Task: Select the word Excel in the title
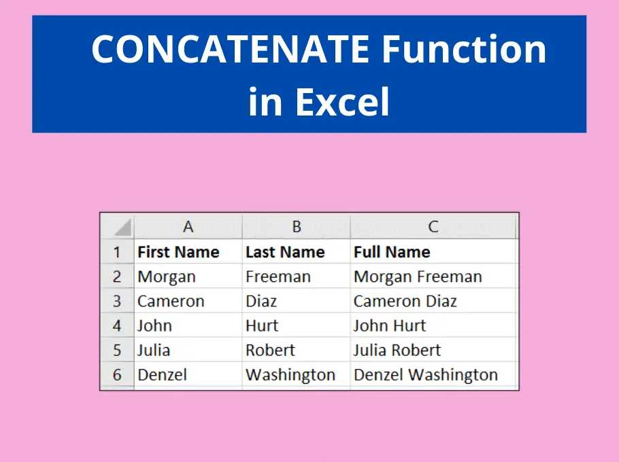point(343,101)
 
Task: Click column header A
point(188,227)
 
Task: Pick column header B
point(297,227)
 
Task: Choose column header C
point(433,227)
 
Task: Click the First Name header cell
point(188,252)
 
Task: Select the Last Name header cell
point(297,252)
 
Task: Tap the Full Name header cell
point(433,252)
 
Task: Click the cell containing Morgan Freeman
point(433,277)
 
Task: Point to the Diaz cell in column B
point(297,301)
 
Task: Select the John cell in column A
point(188,325)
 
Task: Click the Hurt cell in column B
point(297,325)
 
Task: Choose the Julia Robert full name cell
point(433,350)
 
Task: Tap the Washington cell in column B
point(297,374)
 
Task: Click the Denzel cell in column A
point(188,374)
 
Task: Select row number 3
point(117,301)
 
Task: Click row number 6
point(117,374)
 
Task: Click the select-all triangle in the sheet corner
point(124,230)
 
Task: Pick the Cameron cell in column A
point(188,301)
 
